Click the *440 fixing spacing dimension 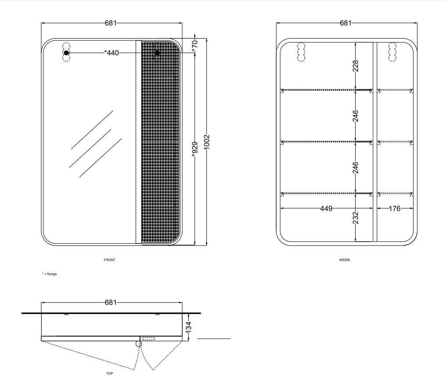point(111,53)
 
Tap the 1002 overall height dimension point(207,142)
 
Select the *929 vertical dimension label point(195,150)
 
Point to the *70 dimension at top point(194,46)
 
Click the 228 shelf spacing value point(356,66)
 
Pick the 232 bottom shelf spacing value point(356,218)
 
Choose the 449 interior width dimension point(326,209)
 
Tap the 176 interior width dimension point(395,209)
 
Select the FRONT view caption point(109,260)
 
